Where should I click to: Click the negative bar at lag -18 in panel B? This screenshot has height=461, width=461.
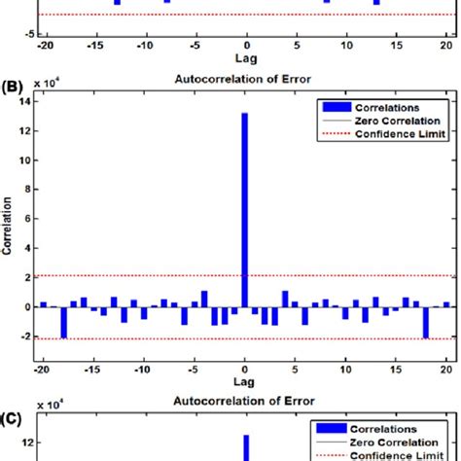coord(64,322)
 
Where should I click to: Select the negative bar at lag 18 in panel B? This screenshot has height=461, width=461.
coord(426,322)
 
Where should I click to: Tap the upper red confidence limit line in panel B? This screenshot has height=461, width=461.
coord(146,275)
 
